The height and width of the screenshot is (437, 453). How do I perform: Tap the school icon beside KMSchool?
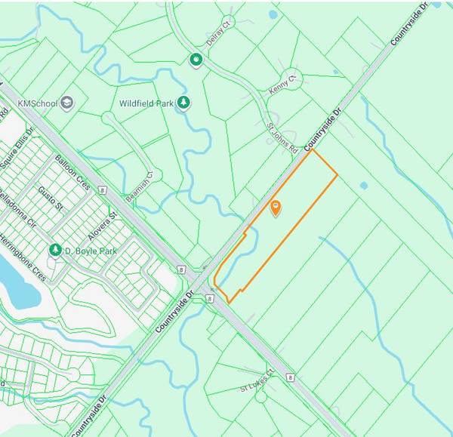click(x=66, y=101)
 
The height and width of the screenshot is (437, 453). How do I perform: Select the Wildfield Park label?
click(x=146, y=103)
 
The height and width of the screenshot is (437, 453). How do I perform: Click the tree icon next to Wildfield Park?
click(x=183, y=102)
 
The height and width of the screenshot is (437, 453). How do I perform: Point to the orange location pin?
click(x=276, y=207)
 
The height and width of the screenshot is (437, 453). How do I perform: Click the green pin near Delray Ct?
click(x=196, y=60)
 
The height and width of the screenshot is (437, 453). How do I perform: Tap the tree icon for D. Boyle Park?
click(x=54, y=249)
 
